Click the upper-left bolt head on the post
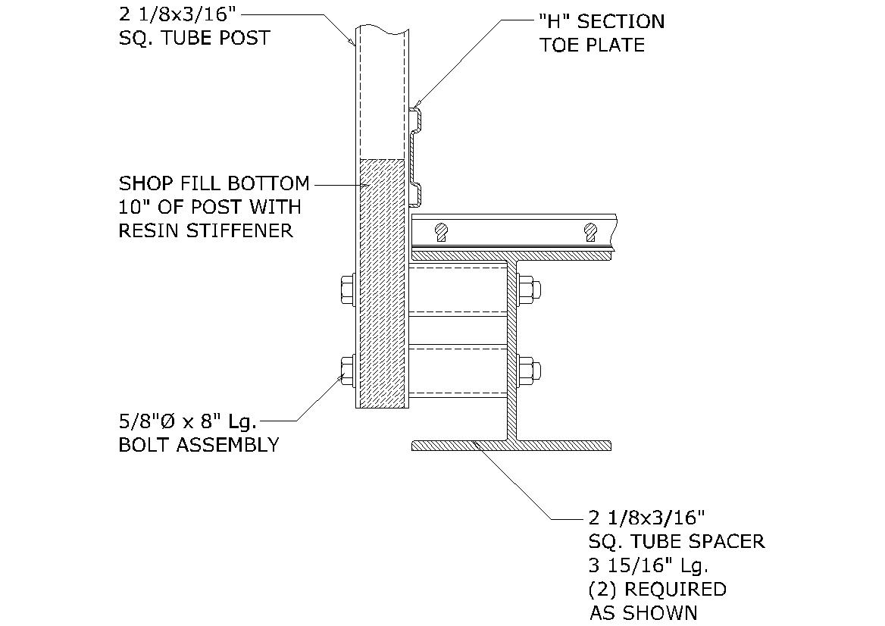346,289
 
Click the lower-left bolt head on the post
346,371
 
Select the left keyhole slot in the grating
441,232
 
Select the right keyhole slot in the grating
589,232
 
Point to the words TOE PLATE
592,45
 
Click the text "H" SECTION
602,21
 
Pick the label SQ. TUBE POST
195,38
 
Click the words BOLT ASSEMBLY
199,445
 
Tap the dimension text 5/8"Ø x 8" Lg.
188,421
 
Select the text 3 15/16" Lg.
648,565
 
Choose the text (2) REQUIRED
657,590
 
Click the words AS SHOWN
643,612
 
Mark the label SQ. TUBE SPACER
677,541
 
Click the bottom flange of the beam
511,446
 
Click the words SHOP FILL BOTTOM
214,183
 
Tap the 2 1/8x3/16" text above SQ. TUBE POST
179,14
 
